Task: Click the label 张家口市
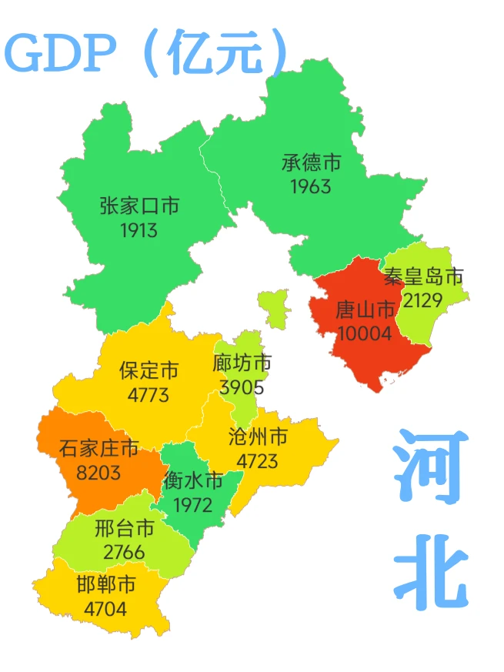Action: (x=139, y=206)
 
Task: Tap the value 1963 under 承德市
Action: (x=311, y=186)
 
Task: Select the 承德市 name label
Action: (x=311, y=163)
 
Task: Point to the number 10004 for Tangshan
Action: (x=364, y=333)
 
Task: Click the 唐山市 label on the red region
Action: (x=365, y=310)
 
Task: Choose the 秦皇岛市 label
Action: (x=424, y=276)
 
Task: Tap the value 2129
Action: (x=422, y=299)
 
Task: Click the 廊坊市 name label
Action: (x=242, y=363)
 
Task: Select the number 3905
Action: (x=242, y=387)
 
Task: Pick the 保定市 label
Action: (x=149, y=371)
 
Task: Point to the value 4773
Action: (x=149, y=396)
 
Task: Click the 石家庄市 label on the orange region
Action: (x=98, y=447)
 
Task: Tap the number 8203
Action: (x=98, y=472)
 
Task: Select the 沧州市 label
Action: (x=258, y=437)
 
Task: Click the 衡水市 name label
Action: (x=193, y=481)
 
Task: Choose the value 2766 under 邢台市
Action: (x=124, y=552)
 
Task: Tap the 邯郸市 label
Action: (x=106, y=585)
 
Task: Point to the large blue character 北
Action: (x=431, y=568)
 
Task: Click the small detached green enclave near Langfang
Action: (x=271, y=308)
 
